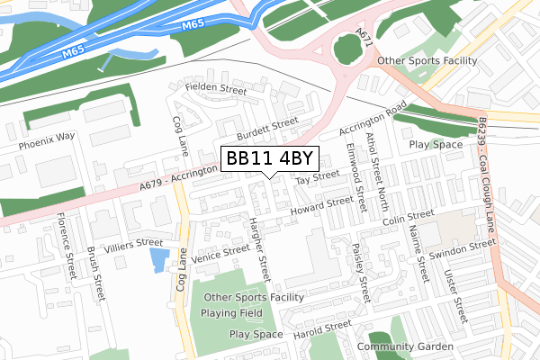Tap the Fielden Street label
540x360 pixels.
216,89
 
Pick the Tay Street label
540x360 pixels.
317,179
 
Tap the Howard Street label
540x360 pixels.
321,208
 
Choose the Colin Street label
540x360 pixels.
407,217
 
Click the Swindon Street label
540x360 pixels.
463,248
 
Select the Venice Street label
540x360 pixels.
220,254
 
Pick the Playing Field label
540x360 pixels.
232,313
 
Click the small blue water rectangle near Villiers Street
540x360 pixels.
158,261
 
